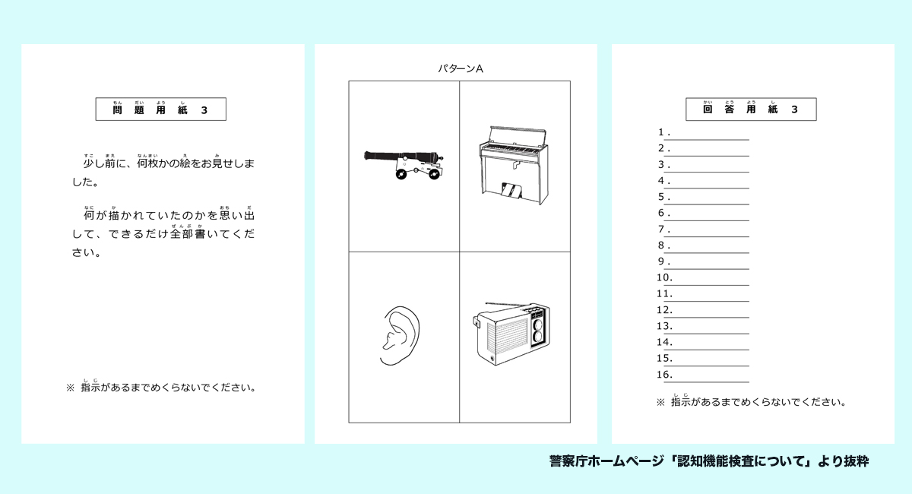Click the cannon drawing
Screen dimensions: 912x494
404,164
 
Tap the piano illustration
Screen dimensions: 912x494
514,165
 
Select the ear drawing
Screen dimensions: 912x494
400,336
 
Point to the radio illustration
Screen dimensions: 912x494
511,333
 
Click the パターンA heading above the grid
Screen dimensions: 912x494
460,69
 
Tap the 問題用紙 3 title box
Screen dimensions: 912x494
161,109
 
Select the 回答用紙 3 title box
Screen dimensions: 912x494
751,109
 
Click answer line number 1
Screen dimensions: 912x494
711,140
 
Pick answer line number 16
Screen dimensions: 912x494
711,382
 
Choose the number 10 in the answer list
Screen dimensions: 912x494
664,277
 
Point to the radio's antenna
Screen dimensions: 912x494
508,304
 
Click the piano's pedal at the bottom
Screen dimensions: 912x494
511,191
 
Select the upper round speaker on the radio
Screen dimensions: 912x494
538,325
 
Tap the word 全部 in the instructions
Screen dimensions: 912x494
181,233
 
